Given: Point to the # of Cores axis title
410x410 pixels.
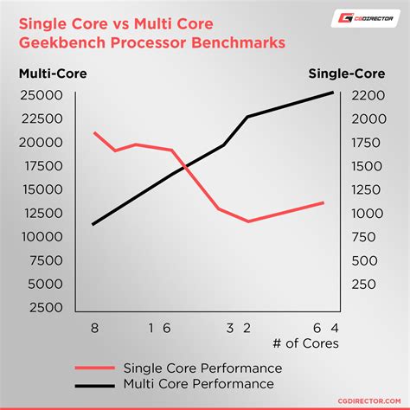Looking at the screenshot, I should coord(305,343).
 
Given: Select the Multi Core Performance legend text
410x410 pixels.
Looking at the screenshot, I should coord(200,383).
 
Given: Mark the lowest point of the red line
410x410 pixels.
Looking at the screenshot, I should coord(249,221).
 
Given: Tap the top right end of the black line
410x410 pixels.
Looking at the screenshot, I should coord(333,93).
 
